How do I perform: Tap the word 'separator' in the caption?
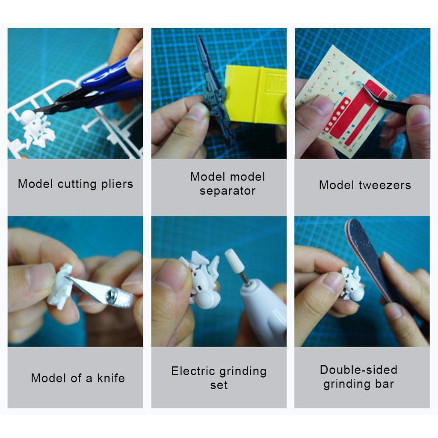227,191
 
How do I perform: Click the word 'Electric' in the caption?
194,371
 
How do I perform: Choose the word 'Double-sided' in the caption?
358,370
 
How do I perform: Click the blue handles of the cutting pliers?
112,83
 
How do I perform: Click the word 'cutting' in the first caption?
77,184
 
